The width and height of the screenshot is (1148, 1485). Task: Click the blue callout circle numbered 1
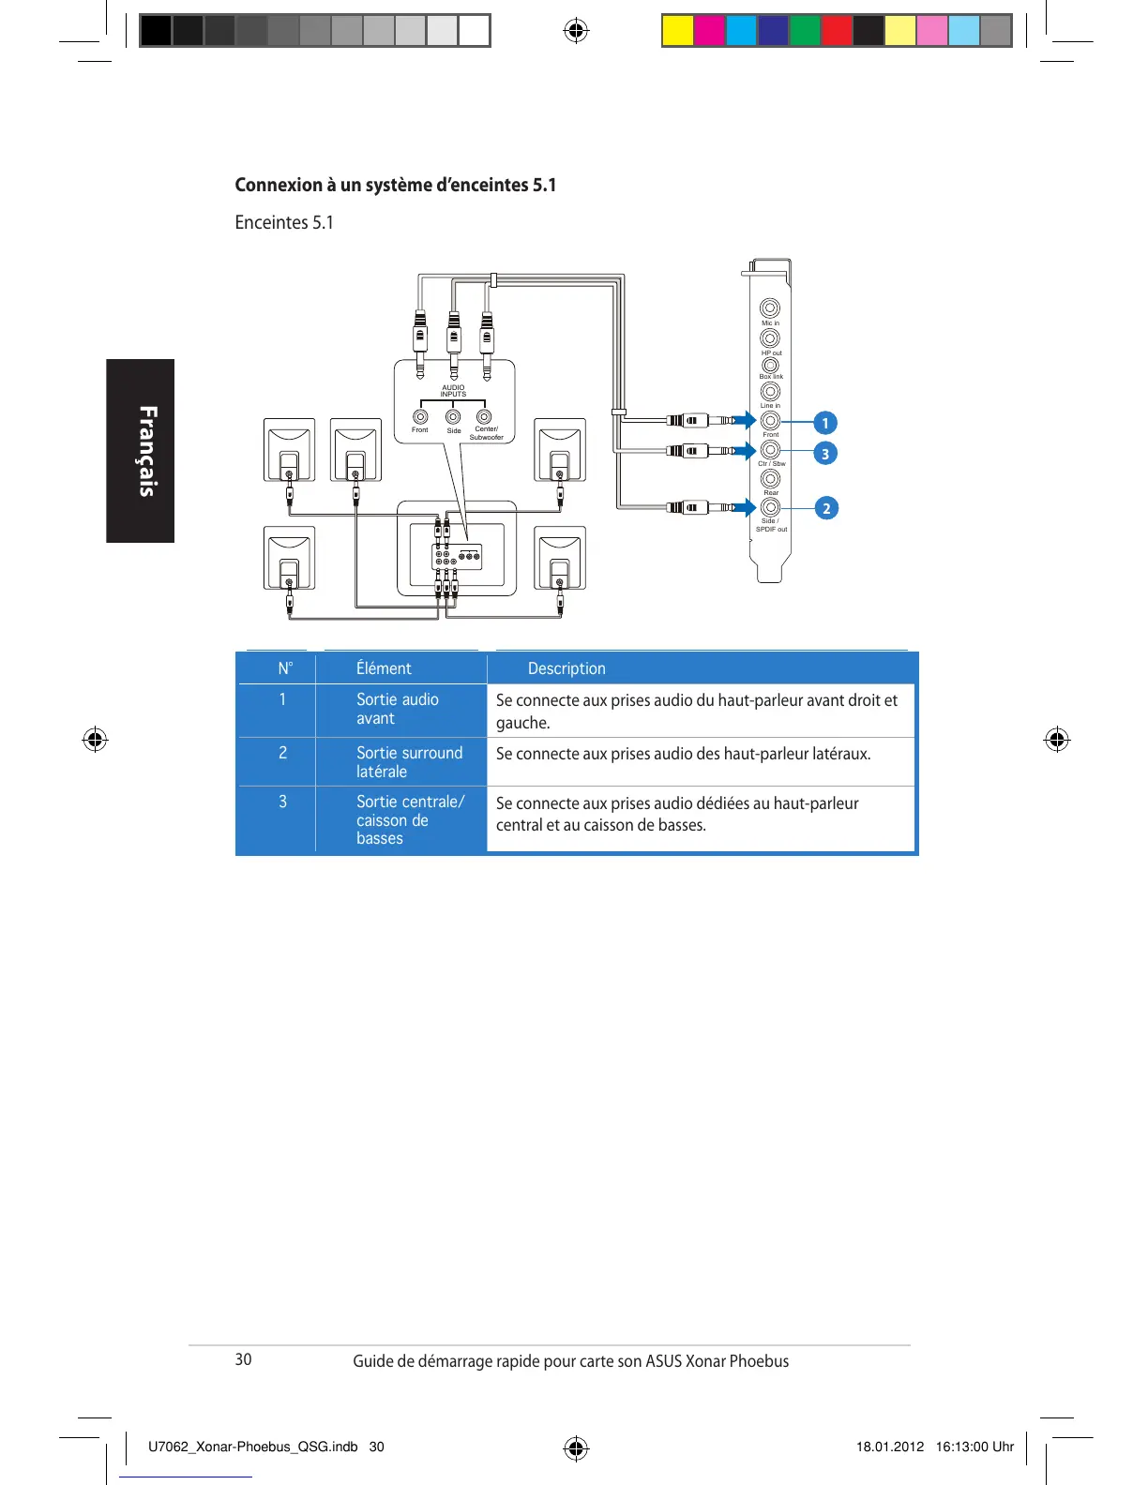(825, 423)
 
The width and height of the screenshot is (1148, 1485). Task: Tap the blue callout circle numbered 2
(826, 508)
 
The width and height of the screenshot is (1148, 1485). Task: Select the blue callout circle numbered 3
(825, 454)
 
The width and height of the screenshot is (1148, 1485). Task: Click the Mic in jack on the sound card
(770, 308)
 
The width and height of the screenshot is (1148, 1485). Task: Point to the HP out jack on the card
(770, 337)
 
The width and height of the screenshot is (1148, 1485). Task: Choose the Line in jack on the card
(770, 391)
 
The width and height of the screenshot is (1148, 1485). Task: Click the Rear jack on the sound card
(770, 478)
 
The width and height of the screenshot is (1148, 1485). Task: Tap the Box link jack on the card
(770, 365)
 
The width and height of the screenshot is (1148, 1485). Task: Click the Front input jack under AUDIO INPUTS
(421, 416)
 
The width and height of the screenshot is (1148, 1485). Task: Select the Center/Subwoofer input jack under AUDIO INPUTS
(484, 416)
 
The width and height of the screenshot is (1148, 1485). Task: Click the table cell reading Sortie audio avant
(398, 709)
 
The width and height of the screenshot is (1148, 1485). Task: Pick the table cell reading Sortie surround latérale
(409, 762)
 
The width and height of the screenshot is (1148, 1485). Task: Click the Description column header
(566, 668)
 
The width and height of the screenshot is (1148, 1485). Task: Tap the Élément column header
(384, 668)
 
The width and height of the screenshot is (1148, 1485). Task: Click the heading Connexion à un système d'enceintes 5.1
(395, 185)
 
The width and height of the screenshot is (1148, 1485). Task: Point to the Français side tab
(141, 451)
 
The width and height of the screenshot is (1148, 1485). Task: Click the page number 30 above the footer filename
(243, 1359)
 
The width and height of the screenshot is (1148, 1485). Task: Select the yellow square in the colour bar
(677, 31)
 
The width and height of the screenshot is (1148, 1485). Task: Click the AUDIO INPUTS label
(453, 390)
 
